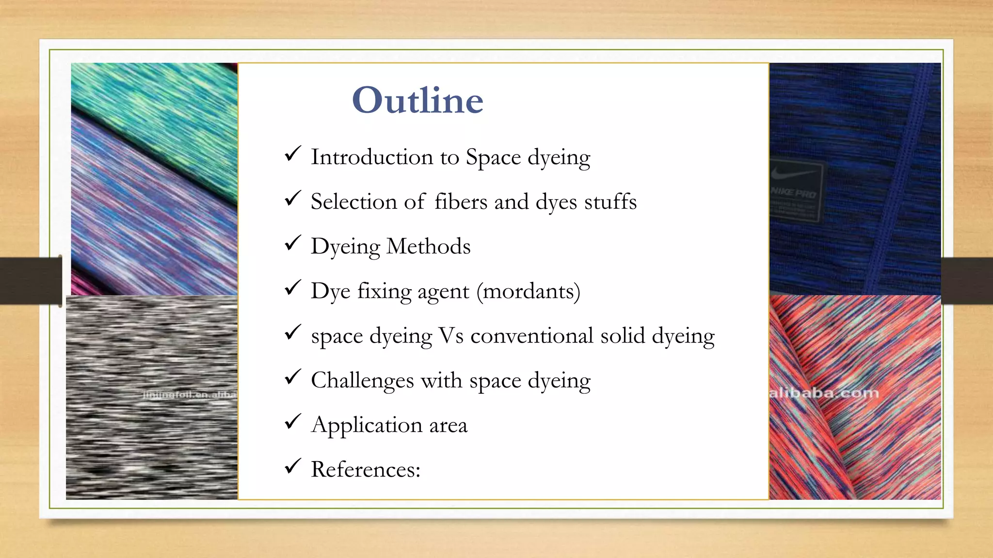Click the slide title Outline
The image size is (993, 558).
tap(417, 100)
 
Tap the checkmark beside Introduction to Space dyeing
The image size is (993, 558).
tap(293, 154)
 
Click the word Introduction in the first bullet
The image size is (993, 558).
tap(372, 157)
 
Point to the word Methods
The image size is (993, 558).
tap(428, 246)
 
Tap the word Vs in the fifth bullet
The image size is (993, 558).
tap(451, 336)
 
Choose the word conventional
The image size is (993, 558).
tap(532, 336)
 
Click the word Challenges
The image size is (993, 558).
tap(362, 381)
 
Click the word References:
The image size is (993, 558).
tap(366, 469)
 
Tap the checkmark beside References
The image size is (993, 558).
tap(293, 466)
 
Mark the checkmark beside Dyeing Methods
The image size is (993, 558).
tap(293, 243)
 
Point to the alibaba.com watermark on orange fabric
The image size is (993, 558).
tap(824, 393)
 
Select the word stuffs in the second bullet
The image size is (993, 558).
tap(610, 201)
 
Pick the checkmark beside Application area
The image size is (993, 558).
tap(293, 422)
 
